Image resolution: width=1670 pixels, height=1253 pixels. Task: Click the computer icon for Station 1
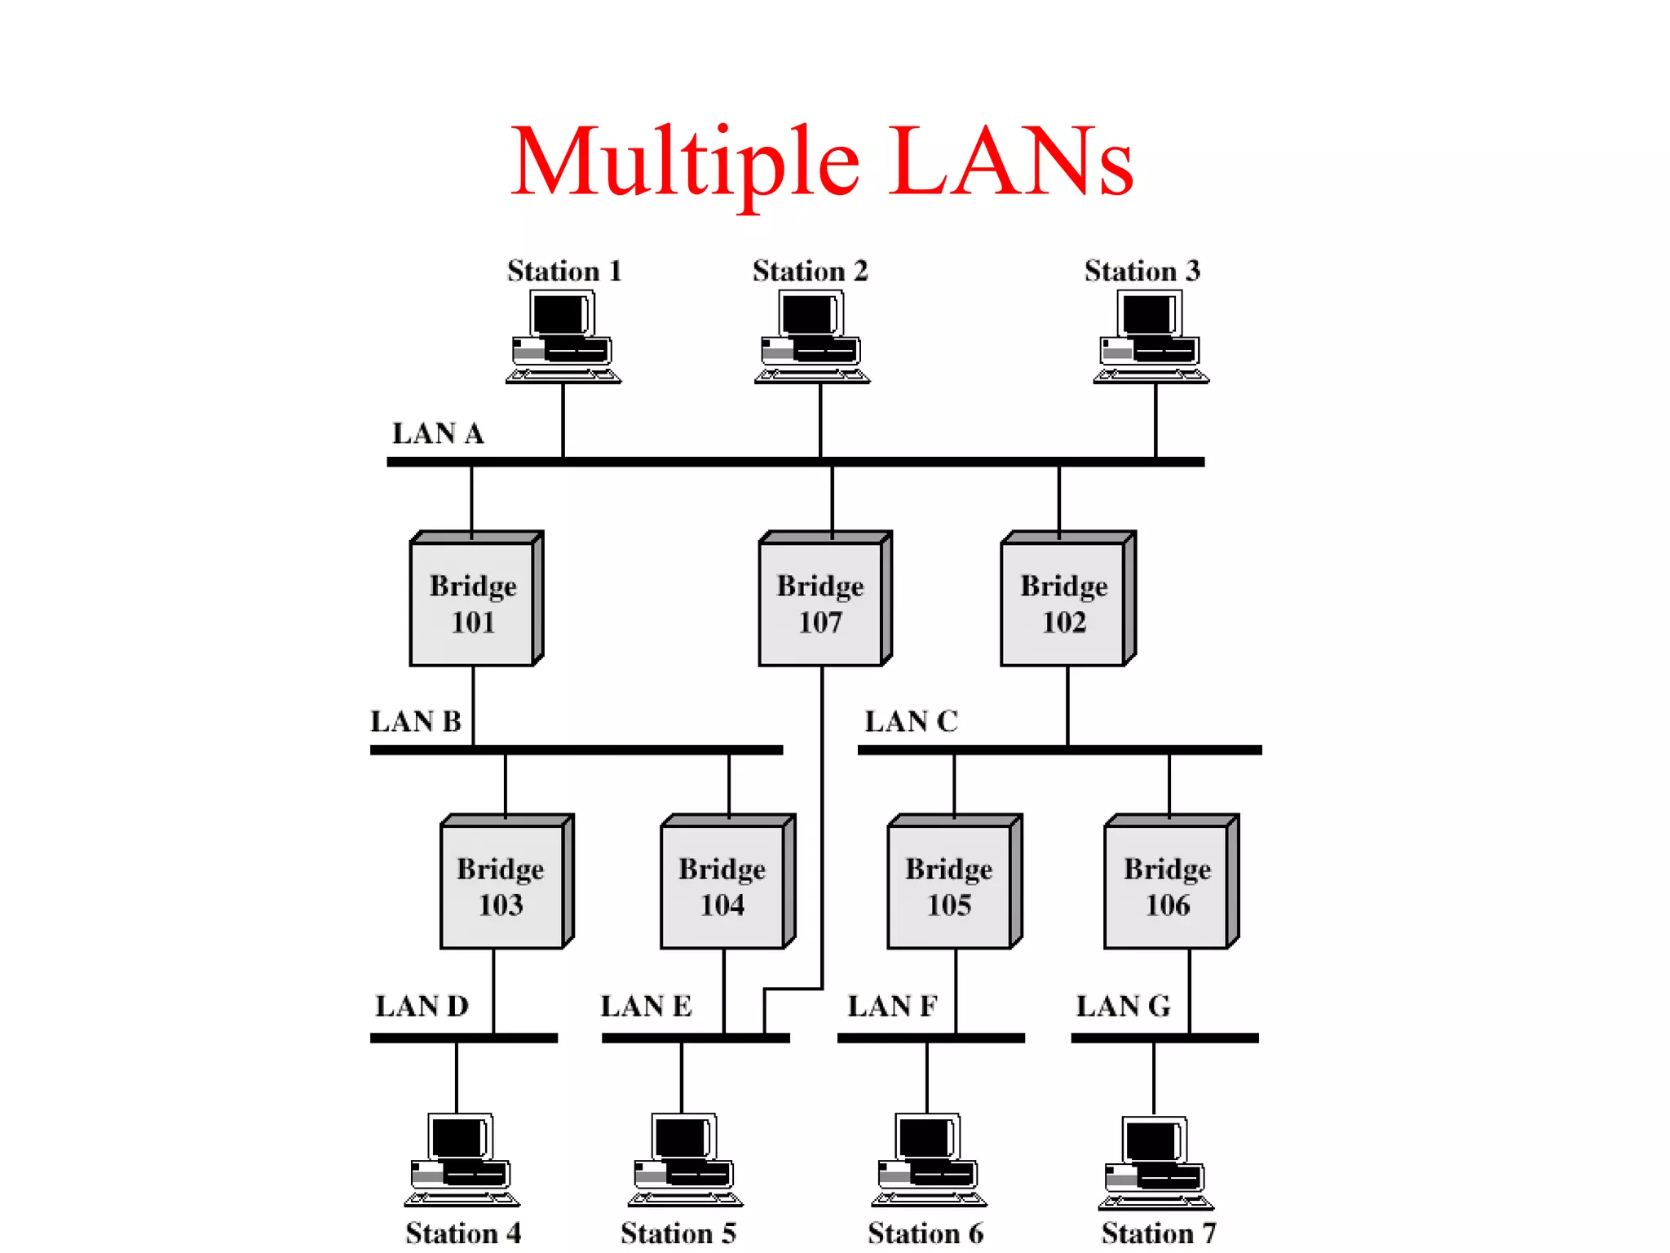(563, 337)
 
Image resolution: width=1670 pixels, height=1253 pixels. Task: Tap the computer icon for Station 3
(1151, 337)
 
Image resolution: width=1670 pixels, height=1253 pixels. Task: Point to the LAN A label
(438, 433)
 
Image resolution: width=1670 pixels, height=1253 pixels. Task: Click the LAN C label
(911, 721)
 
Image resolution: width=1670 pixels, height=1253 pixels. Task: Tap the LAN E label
(646, 1006)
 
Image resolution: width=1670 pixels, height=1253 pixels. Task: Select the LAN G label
(1123, 1006)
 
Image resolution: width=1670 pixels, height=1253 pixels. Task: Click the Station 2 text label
(810, 271)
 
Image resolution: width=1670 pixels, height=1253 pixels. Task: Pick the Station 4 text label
(463, 1233)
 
